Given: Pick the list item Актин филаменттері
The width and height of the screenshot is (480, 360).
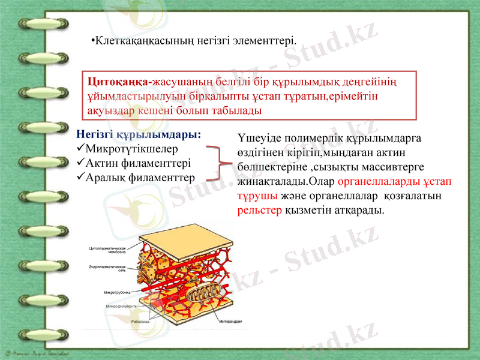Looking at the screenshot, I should click(x=139, y=163).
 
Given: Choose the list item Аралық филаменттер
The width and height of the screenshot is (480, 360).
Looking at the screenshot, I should click(x=140, y=177).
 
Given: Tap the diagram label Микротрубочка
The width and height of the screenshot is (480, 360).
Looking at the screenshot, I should click(x=117, y=292).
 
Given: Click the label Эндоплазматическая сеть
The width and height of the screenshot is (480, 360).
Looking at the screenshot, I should click(x=107, y=268).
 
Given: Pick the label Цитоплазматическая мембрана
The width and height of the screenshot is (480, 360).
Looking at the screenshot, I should click(x=107, y=250).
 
